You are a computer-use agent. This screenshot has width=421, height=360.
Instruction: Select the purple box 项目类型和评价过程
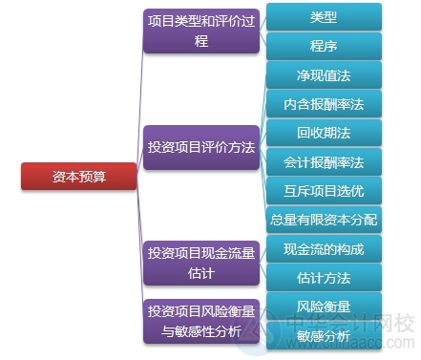coord(200,31)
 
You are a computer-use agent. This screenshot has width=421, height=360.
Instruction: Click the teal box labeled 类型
coord(323,16)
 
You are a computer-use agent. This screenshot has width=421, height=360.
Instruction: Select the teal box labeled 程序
coord(323,45)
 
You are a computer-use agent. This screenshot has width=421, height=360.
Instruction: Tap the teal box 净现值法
coord(323,74)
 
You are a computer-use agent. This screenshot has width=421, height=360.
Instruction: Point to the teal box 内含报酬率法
coord(323,103)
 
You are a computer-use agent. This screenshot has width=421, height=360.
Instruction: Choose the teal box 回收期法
coord(323,132)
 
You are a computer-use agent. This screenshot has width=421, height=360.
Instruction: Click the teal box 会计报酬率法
coord(323,161)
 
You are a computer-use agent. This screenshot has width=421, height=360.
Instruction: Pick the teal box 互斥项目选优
coord(323,190)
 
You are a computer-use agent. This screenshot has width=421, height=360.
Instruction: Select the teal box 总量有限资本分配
coord(323,220)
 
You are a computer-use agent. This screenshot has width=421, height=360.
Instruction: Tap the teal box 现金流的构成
coord(323,248)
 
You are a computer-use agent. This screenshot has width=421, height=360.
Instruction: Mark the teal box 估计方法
coord(323,278)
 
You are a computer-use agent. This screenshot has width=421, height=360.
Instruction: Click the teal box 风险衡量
coord(323,307)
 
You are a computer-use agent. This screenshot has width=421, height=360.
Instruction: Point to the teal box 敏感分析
coord(323,334)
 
